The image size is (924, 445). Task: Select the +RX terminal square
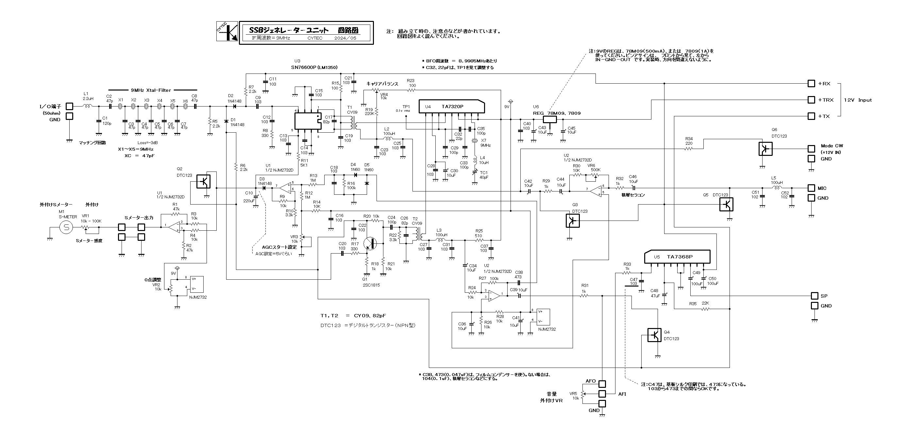(x=811, y=84)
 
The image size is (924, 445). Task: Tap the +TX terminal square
(x=811, y=116)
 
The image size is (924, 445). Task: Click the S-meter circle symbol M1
(x=66, y=227)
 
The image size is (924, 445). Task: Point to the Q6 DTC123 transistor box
(x=765, y=149)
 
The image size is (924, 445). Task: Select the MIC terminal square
(x=811, y=188)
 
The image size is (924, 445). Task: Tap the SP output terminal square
(x=814, y=296)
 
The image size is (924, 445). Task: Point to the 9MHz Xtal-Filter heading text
(x=151, y=91)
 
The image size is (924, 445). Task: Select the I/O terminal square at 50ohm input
(x=69, y=106)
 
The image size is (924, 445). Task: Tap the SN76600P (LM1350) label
(x=314, y=67)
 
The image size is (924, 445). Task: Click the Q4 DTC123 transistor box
(x=654, y=335)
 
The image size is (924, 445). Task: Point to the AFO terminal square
(x=602, y=384)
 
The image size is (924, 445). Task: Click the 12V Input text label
(x=857, y=100)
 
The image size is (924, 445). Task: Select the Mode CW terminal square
(x=811, y=149)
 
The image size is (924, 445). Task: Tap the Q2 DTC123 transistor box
(x=203, y=181)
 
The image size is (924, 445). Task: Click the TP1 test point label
(x=406, y=107)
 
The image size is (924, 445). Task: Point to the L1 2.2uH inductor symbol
(x=87, y=106)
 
